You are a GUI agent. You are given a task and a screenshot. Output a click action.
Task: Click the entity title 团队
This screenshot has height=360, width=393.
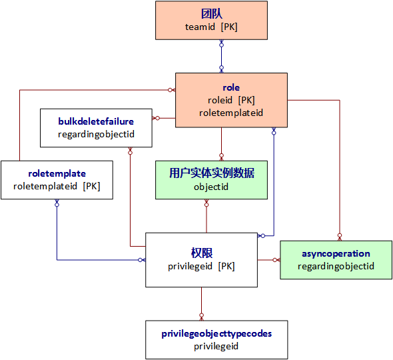211,13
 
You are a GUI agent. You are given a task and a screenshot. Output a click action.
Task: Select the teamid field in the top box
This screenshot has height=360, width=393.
211,27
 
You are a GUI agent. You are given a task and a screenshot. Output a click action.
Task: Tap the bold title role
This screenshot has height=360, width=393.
231,87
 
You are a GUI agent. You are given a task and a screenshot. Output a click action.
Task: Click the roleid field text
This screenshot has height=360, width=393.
231,100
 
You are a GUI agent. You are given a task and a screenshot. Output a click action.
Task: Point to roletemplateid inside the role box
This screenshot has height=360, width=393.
231,113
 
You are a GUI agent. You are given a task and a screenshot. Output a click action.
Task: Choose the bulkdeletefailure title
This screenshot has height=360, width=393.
96,121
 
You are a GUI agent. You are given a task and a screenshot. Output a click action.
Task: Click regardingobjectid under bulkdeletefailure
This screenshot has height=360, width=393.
96,134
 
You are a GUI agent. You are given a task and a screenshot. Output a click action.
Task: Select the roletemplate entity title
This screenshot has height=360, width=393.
57,173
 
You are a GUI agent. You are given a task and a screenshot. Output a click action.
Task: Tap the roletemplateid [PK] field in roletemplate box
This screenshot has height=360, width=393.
57,186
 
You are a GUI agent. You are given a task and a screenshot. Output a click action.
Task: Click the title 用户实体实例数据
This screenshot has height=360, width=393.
211,173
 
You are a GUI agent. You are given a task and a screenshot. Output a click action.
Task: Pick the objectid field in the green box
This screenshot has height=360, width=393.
211,187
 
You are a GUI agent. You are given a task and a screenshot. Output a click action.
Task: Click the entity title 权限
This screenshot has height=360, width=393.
201,253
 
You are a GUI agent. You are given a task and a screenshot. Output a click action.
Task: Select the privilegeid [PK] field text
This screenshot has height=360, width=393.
201,266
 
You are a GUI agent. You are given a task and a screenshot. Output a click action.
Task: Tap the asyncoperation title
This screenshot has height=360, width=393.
336,253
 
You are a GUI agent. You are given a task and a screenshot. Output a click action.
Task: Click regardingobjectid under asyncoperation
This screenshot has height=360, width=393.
336,266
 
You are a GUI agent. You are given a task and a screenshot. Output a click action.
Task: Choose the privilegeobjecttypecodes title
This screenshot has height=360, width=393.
216,333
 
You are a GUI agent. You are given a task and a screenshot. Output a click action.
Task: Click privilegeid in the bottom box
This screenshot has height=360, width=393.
216,346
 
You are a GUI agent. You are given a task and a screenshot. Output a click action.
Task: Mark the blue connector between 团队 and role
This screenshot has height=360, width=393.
221,56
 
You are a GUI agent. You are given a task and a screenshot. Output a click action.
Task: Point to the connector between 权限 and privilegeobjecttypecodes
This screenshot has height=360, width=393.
201,304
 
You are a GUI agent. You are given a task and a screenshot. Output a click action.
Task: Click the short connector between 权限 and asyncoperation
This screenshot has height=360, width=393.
268,259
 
